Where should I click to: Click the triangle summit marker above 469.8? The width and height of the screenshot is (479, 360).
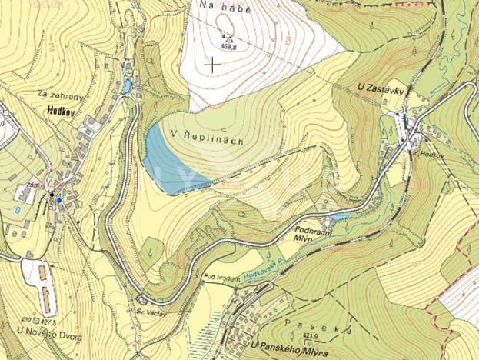coord(228,38)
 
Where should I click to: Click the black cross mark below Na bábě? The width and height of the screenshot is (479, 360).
coord(213,65)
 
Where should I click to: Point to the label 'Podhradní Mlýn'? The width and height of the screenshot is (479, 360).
coord(312,233)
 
